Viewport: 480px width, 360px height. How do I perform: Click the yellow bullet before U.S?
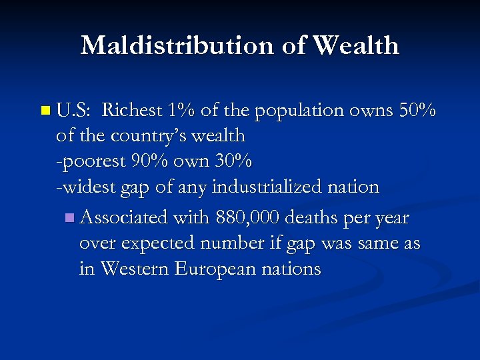click(x=45, y=109)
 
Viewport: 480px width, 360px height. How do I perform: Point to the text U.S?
click(x=74, y=109)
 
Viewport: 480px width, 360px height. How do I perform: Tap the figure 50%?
click(x=417, y=109)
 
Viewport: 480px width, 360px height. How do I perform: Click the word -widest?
click(x=85, y=187)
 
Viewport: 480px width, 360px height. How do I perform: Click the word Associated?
click(x=124, y=217)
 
